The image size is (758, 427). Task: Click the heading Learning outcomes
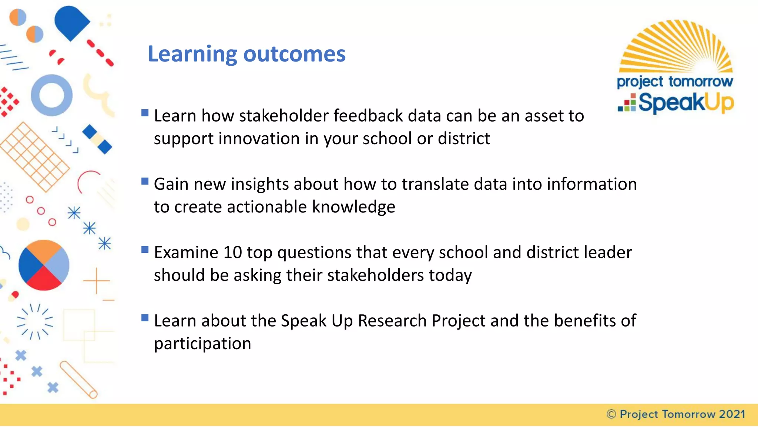[x=246, y=54]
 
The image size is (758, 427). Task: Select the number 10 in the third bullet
[x=232, y=253]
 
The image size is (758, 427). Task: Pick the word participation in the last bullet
[x=202, y=344]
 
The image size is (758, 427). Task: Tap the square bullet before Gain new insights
[x=145, y=181]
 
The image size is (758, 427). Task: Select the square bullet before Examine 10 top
[x=145, y=249]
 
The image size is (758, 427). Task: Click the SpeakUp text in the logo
[x=685, y=103]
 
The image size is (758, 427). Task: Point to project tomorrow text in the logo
[x=674, y=82]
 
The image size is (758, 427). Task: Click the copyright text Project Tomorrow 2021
[x=676, y=414]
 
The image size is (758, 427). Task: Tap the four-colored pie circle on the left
[x=44, y=265]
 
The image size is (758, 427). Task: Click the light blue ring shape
[x=51, y=95]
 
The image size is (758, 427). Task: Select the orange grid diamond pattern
[x=34, y=157]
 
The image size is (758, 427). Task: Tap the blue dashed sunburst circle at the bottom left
[x=35, y=321]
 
